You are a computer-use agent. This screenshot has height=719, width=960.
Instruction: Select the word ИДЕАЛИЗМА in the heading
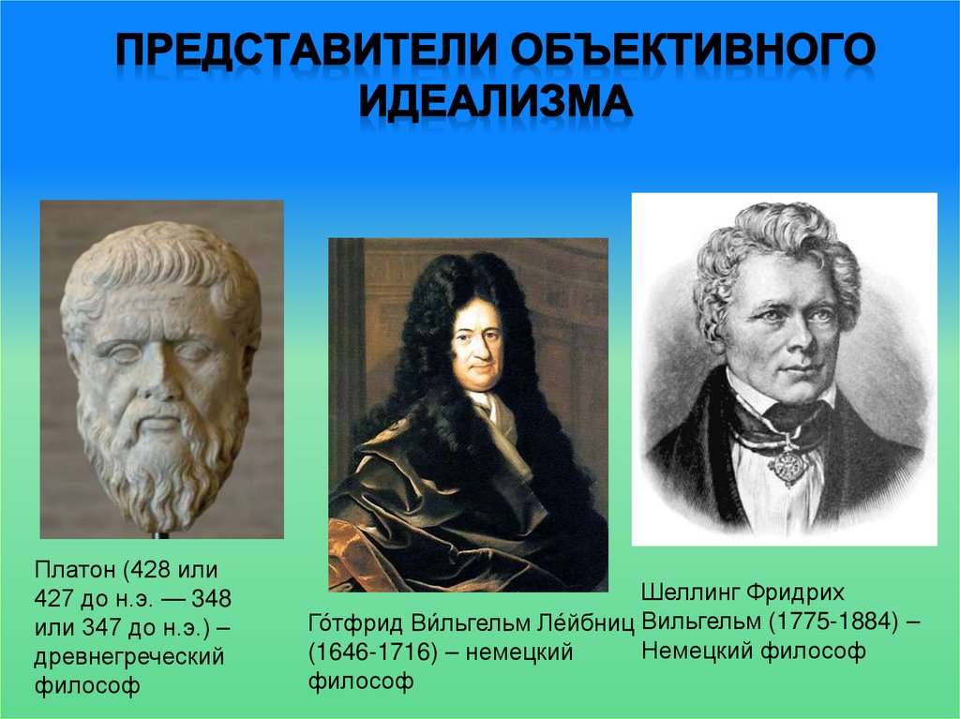[497, 101]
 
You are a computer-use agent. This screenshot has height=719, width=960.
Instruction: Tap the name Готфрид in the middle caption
[348, 622]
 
